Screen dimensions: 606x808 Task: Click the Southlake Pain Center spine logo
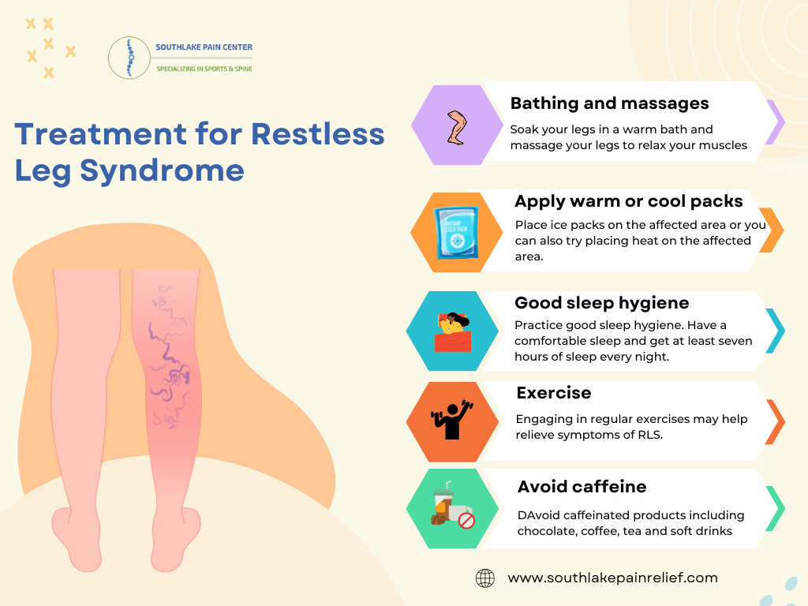[x=129, y=57]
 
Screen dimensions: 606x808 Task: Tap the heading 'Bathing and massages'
[x=609, y=103]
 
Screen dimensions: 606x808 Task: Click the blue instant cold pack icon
[x=455, y=232]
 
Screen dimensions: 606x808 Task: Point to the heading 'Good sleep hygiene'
[x=601, y=303]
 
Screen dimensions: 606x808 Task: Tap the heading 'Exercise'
[x=553, y=393]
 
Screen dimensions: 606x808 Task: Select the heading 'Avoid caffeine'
[x=582, y=486]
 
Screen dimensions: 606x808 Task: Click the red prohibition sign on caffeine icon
[x=466, y=521]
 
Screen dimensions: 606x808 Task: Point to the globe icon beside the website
[x=484, y=578]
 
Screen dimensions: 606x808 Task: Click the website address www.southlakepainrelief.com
[x=612, y=578]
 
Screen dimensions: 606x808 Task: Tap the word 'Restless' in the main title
[x=317, y=133]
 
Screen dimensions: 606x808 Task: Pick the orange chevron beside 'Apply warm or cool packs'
[x=772, y=230]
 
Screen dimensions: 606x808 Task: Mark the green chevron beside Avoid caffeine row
[x=776, y=508]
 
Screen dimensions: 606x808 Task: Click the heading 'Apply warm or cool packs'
[x=628, y=201]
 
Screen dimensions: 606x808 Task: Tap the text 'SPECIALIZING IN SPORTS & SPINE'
[x=204, y=69]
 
